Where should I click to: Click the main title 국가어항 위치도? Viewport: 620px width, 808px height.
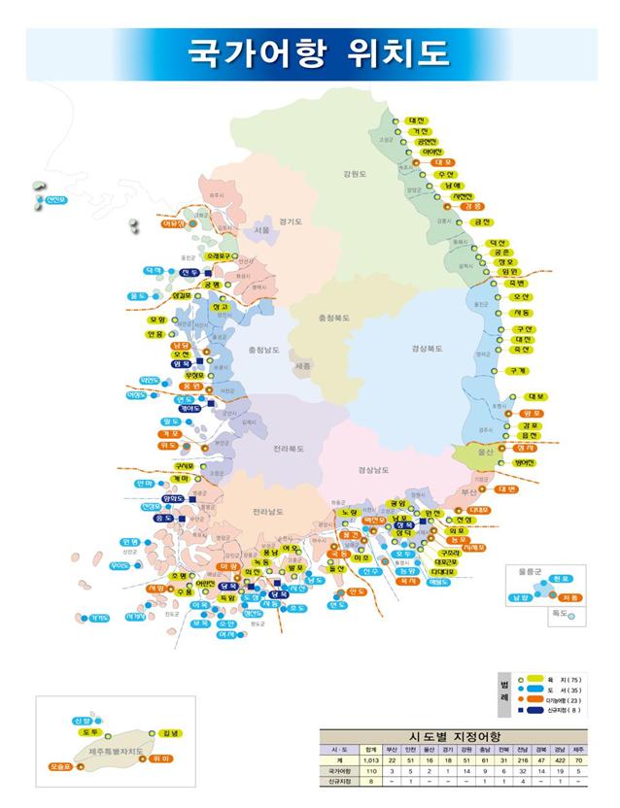click(310, 50)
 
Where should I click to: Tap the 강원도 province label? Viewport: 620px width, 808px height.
click(354, 174)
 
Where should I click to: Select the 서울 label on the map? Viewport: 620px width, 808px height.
click(261, 230)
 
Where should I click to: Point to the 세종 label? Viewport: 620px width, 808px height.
click(302, 366)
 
